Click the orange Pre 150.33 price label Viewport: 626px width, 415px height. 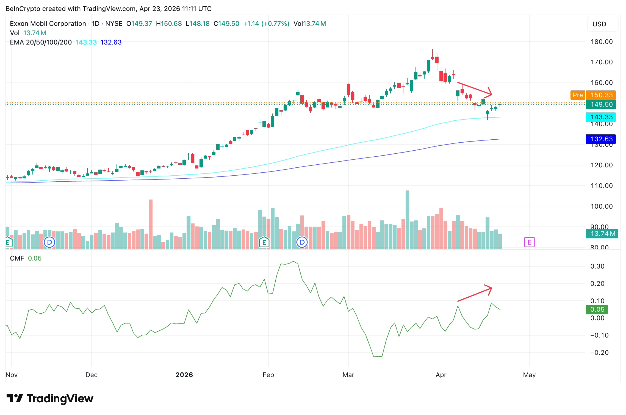click(x=593, y=95)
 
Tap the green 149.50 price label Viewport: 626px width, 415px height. click(x=601, y=104)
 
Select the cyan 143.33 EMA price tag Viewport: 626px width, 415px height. click(x=601, y=117)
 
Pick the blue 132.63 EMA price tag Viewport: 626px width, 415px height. click(x=601, y=139)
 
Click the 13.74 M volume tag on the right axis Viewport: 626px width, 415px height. click(x=602, y=234)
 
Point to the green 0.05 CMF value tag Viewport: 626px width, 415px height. click(x=597, y=309)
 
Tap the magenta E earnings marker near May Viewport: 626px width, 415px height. click(x=529, y=242)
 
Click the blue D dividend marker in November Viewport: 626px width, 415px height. click(x=50, y=242)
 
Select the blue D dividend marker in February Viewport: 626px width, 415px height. click(x=302, y=242)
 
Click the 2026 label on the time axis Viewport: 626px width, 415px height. click(x=184, y=375)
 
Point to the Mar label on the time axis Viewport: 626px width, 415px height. click(x=348, y=375)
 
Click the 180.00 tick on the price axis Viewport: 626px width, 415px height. click(x=602, y=42)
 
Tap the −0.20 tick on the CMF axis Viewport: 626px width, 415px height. click(x=599, y=353)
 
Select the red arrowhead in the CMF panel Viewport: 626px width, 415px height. click(x=489, y=289)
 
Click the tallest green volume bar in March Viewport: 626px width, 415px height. click(x=407, y=220)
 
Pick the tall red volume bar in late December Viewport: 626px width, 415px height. click(x=151, y=224)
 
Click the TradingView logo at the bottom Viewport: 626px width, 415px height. click(x=50, y=398)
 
